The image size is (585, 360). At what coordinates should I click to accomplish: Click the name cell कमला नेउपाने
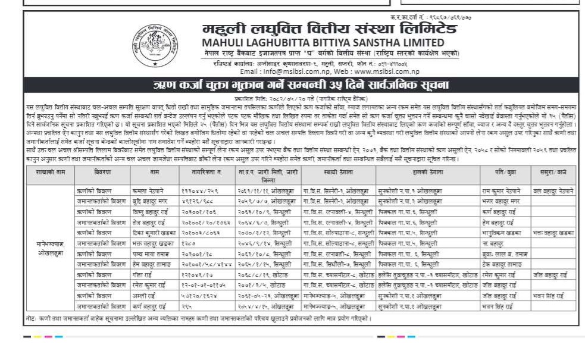[149, 191]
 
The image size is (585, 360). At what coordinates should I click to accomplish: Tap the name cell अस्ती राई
[143, 295]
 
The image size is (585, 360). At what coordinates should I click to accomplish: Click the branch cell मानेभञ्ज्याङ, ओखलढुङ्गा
[51, 248]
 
